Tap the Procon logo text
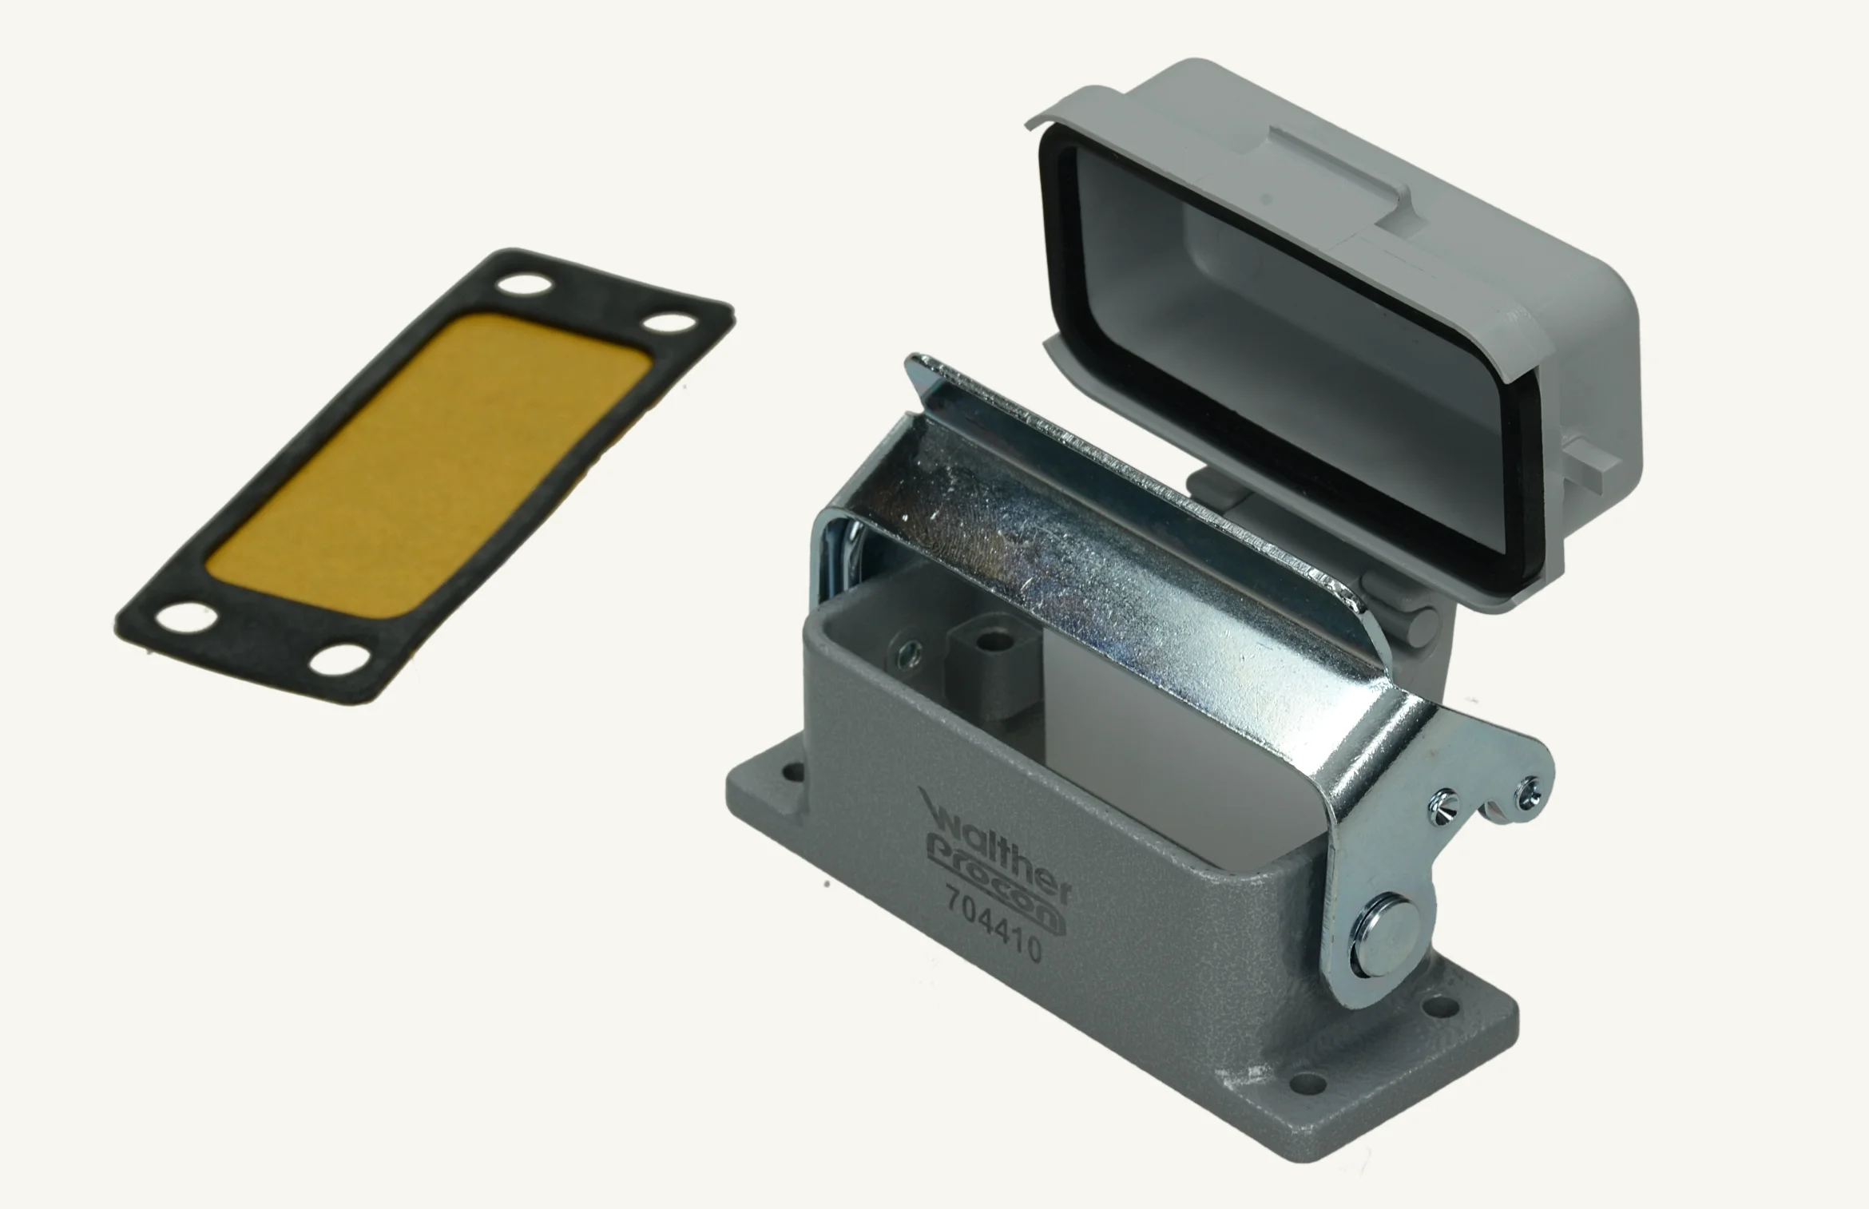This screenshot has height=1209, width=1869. pyautogui.click(x=996, y=882)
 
